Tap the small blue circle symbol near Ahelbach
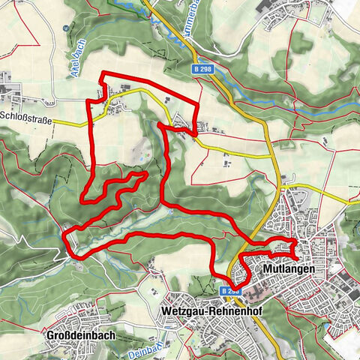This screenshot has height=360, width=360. click(66, 28)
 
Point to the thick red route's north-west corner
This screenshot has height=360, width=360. click(103, 73)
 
